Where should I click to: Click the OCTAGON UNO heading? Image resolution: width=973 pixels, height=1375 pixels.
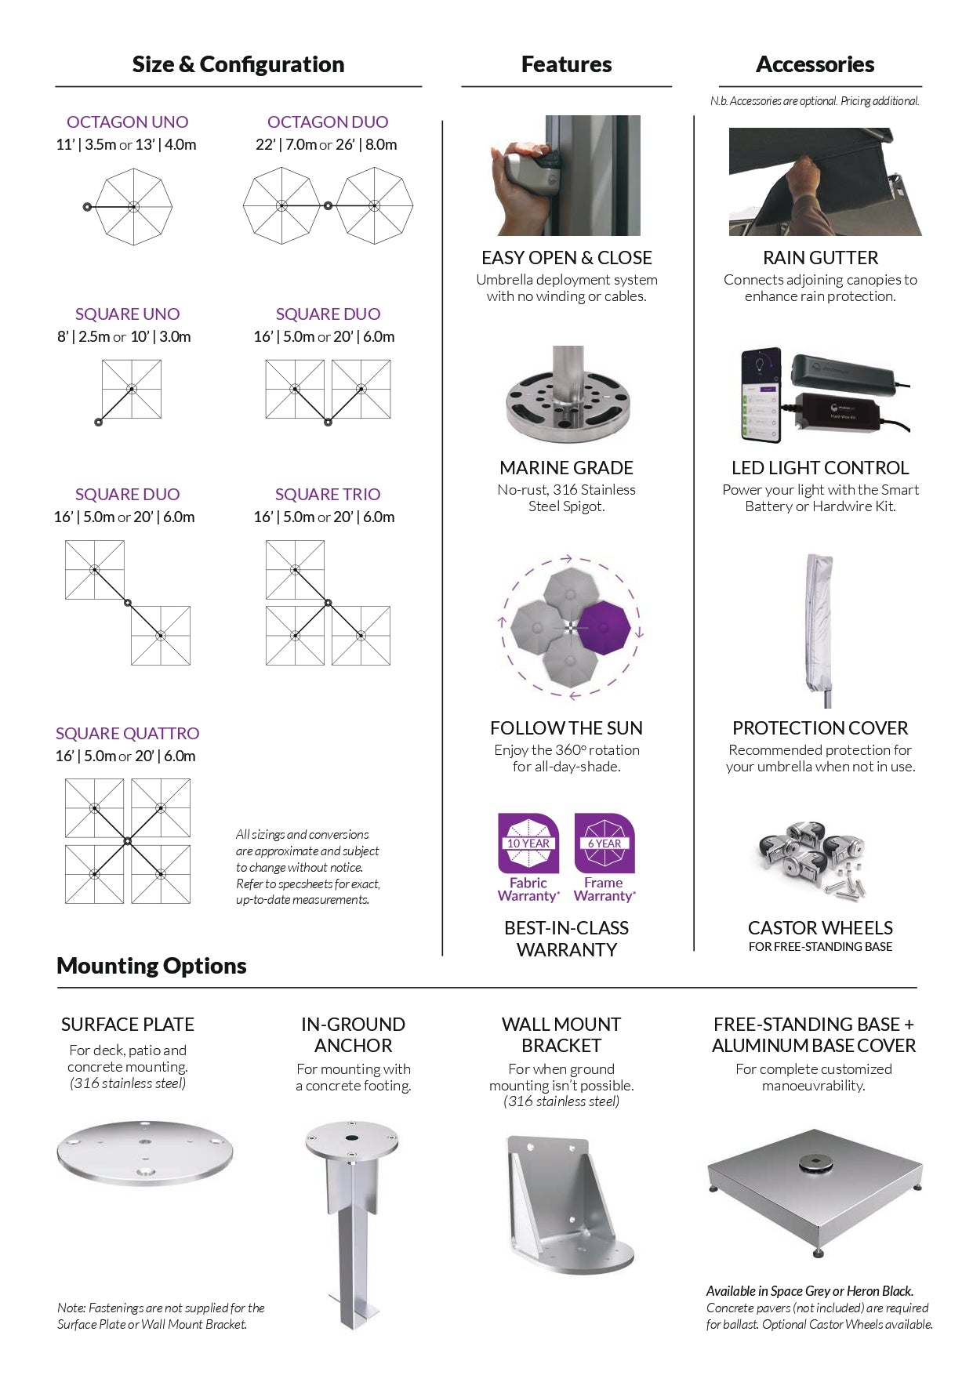pyautogui.click(x=127, y=122)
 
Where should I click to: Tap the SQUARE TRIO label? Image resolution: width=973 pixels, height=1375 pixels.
pyautogui.click(x=328, y=495)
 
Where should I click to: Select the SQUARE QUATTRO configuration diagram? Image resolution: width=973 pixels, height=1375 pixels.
pyautogui.click(x=128, y=841)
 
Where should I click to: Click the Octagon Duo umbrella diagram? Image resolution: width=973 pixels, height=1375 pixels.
pyautogui.click(x=328, y=206)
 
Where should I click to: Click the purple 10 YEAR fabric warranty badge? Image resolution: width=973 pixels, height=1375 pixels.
pyautogui.click(x=528, y=844)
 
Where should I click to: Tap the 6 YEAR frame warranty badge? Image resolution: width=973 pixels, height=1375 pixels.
pyautogui.click(x=604, y=844)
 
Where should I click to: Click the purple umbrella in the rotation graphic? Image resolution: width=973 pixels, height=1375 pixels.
pyautogui.click(x=603, y=628)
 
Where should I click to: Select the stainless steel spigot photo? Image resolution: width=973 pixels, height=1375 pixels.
pyautogui.click(x=567, y=396)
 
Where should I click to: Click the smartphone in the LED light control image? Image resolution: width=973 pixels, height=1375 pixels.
pyautogui.click(x=761, y=395)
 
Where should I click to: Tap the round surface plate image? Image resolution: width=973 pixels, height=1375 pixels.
pyautogui.click(x=145, y=1152)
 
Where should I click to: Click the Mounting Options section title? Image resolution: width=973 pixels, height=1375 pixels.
pyautogui.click(x=151, y=966)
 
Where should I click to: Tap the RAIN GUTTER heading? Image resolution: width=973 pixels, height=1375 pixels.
pyautogui.click(x=820, y=258)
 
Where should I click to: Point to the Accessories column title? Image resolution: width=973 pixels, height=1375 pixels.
pyautogui.click(x=815, y=64)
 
